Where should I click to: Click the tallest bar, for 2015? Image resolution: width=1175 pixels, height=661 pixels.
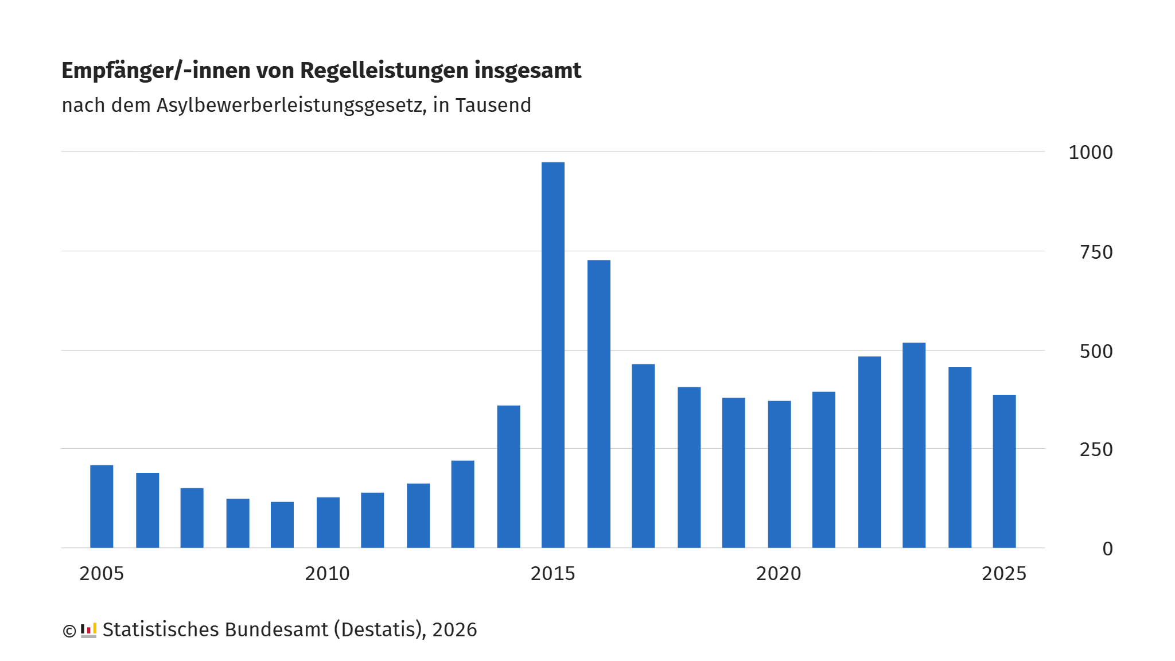click(x=553, y=355)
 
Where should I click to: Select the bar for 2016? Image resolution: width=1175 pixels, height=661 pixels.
click(x=598, y=404)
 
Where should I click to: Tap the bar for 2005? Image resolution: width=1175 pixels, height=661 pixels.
click(x=102, y=507)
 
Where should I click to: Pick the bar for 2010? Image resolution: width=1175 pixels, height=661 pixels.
click(x=328, y=523)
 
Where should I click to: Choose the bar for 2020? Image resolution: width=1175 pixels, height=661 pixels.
click(x=779, y=475)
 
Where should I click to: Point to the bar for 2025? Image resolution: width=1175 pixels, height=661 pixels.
click(x=1004, y=472)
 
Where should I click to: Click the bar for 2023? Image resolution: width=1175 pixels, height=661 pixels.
click(x=914, y=445)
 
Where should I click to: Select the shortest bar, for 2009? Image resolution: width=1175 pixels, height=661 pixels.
click(x=282, y=525)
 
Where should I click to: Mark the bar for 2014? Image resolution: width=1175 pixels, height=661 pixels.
click(x=508, y=477)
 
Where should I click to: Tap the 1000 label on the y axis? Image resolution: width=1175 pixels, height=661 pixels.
click(x=1091, y=153)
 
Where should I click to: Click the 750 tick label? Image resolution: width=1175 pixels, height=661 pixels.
click(x=1096, y=252)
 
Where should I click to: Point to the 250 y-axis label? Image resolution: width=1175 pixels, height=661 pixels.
click(x=1096, y=450)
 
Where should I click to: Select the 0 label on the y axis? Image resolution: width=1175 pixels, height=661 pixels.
click(x=1108, y=549)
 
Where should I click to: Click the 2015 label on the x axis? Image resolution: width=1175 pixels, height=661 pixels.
click(x=553, y=574)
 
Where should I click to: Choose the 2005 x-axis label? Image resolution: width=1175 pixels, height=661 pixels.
click(x=102, y=574)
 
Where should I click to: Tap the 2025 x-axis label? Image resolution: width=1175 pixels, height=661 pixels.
click(x=1004, y=574)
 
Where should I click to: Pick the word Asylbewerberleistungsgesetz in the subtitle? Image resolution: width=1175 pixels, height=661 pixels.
click(x=291, y=106)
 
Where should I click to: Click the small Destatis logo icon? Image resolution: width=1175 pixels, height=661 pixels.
click(x=88, y=631)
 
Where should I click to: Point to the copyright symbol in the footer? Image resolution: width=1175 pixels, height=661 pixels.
click(x=69, y=631)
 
